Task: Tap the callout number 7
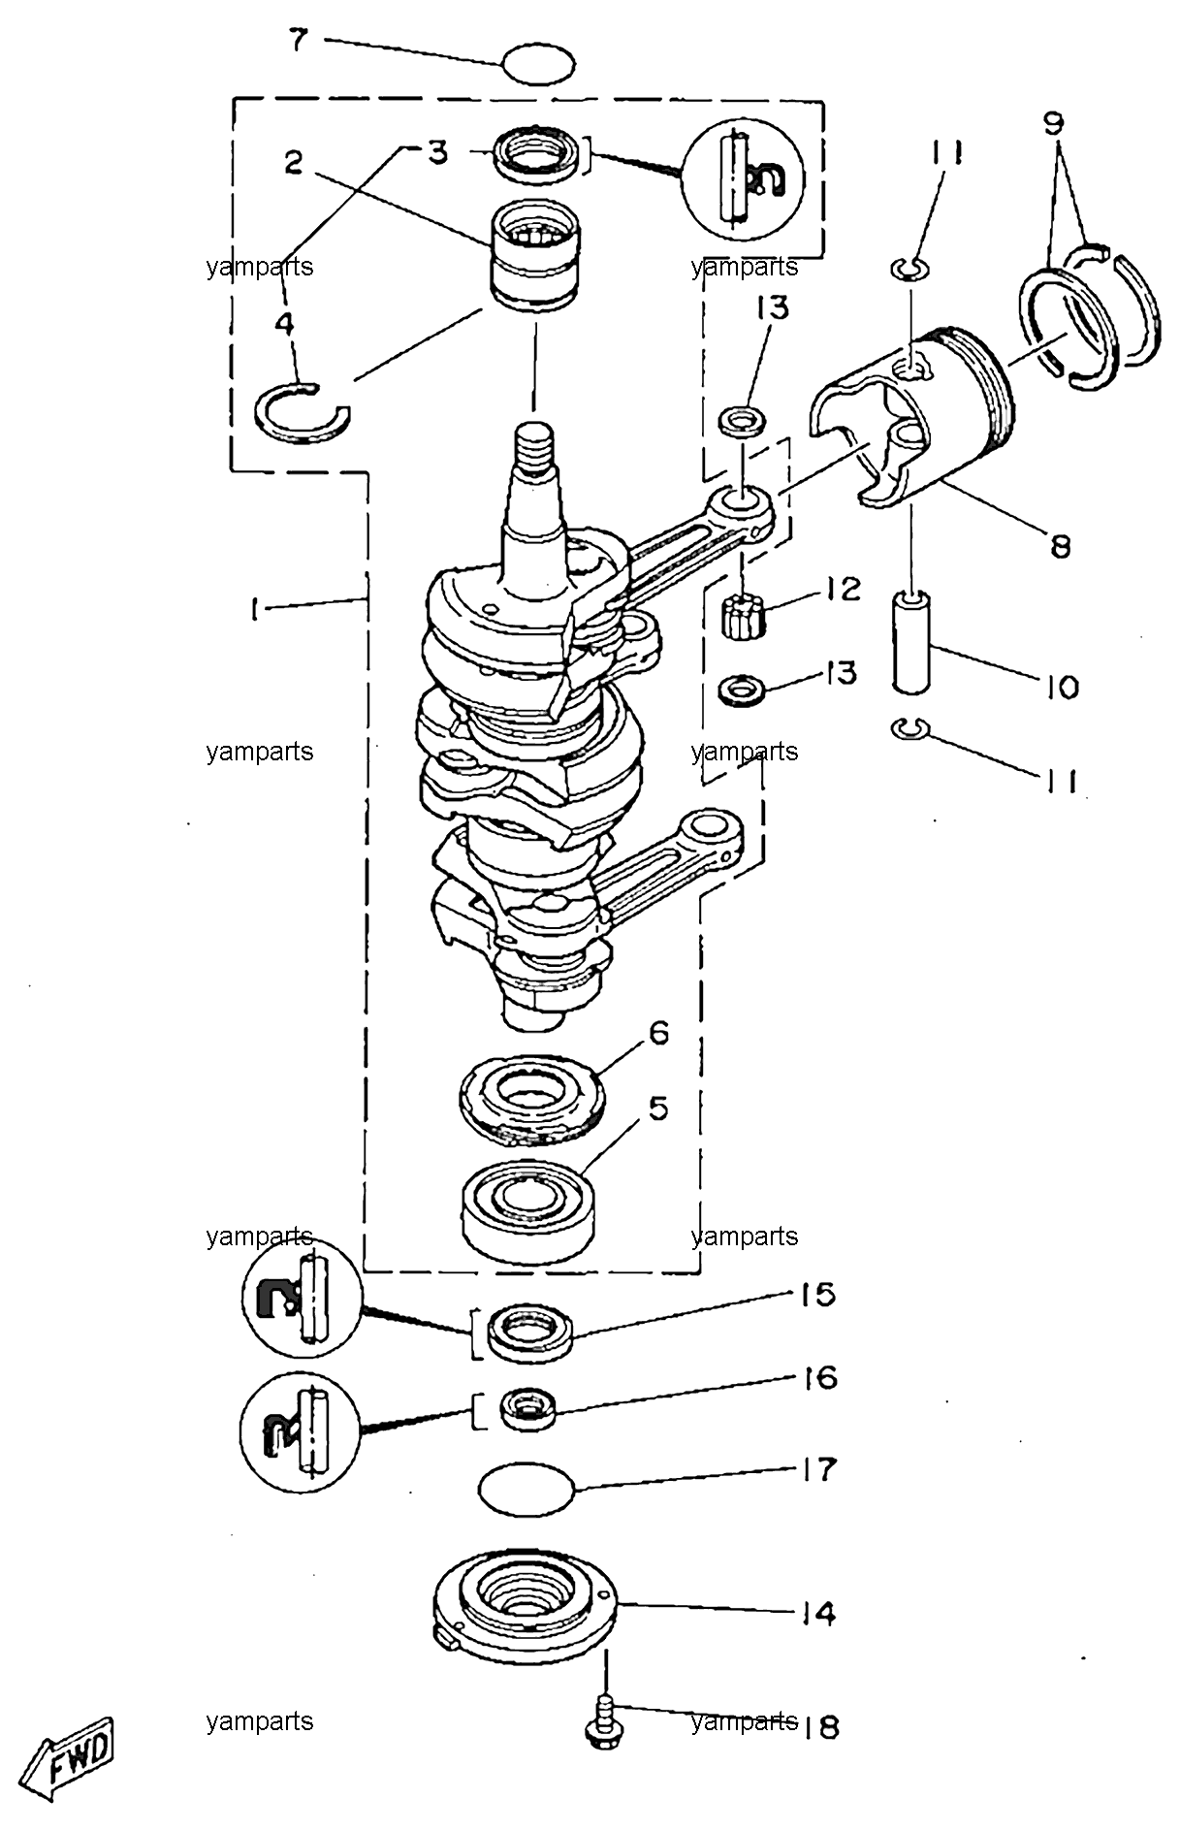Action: click(299, 41)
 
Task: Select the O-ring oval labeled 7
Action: click(539, 65)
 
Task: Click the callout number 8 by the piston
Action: click(1060, 546)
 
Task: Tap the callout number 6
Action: click(658, 1033)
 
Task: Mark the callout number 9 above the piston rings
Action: click(1054, 123)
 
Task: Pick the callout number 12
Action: click(843, 589)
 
